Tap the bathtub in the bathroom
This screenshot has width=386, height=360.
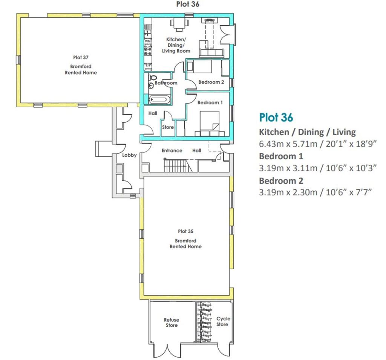(160, 100)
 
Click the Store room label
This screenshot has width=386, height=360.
(168, 127)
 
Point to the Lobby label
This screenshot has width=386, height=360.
(129, 155)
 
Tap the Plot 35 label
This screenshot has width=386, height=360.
(185, 231)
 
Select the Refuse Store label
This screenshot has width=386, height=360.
(172, 323)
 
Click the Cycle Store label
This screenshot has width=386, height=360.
(222, 321)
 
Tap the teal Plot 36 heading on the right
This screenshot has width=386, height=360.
(276, 117)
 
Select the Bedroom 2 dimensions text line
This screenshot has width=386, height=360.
(315, 192)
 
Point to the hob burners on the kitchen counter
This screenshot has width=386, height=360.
(146, 55)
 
